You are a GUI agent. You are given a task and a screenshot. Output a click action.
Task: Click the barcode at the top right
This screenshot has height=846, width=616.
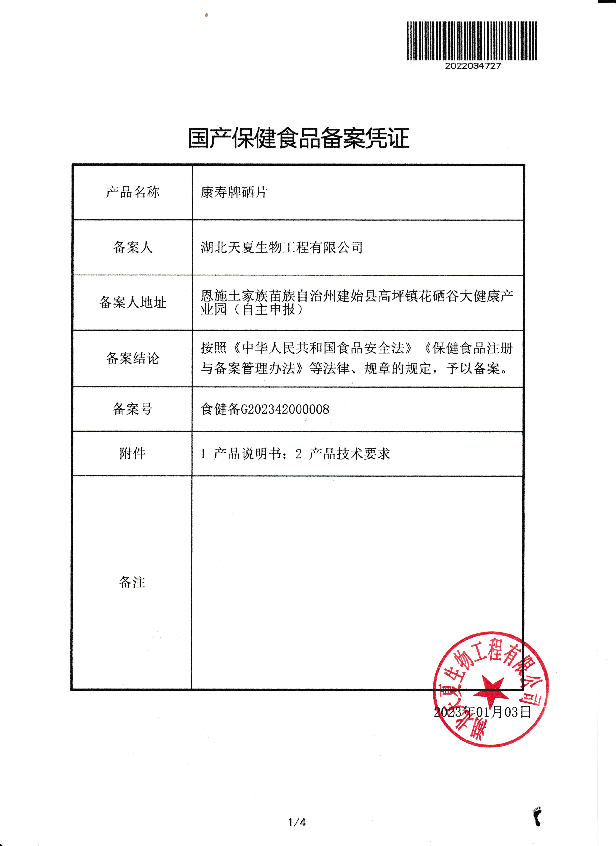(472, 41)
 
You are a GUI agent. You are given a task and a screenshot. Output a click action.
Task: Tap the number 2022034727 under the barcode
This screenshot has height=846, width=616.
(473, 66)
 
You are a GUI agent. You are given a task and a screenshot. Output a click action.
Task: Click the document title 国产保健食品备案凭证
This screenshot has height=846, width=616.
(299, 138)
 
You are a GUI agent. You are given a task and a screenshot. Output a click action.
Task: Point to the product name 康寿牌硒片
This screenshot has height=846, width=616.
(234, 192)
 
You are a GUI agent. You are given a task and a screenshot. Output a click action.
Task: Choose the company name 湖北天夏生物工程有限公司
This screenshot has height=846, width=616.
(282, 247)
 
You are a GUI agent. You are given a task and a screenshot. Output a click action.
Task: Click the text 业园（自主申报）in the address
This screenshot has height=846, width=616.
(252, 310)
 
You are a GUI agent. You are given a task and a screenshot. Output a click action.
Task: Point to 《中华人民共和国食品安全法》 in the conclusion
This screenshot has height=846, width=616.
(323, 348)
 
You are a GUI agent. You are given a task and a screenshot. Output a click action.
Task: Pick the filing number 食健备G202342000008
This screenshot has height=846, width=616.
(265, 409)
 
